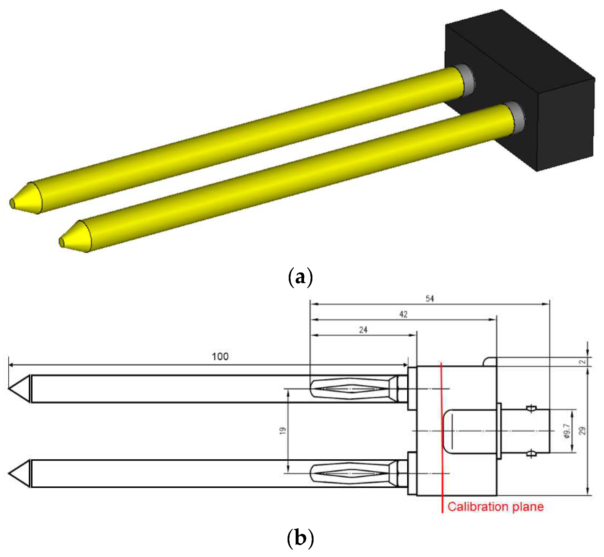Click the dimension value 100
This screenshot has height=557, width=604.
point(220,357)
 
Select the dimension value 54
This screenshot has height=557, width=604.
point(430,299)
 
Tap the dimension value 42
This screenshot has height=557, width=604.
point(403,314)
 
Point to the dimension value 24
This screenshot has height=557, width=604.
point(363,330)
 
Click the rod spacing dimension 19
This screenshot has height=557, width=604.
point(283,431)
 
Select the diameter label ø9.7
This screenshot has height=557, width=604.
point(567,431)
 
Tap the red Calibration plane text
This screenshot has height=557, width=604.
point(495,506)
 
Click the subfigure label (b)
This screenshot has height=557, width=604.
point(300,538)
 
